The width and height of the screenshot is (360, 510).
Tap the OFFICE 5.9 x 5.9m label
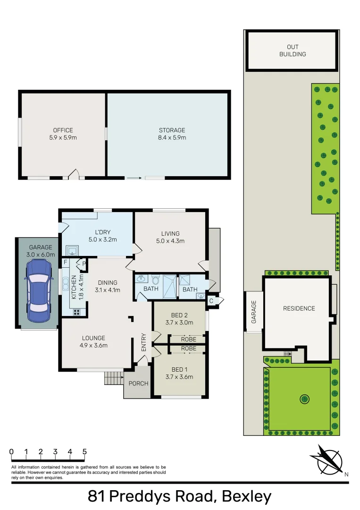click(63, 134)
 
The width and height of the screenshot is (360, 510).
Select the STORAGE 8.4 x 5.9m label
click(172, 134)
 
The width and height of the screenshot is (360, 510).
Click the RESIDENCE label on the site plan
click(299, 308)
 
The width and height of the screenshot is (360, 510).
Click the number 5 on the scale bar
click(84, 451)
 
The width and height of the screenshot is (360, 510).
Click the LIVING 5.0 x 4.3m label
click(170, 237)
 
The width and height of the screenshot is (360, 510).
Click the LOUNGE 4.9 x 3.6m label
click(93, 341)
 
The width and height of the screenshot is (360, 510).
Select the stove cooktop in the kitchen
click(76, 312)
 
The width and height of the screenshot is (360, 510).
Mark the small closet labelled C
click(211, 301)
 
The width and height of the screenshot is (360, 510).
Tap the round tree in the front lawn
click(305, 399)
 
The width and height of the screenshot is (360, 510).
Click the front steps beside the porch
click(113, 378)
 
